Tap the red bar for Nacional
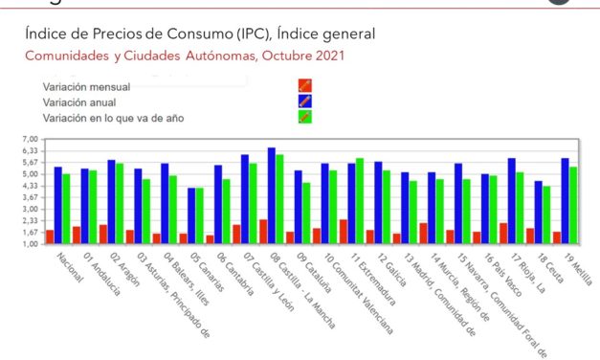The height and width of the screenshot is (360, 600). (x=50, y=236)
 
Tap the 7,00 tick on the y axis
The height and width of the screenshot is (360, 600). (x=29, y=140)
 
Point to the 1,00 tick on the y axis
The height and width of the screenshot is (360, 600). (x=29, y=244)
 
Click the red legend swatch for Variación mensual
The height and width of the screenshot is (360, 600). (x=305, y=84)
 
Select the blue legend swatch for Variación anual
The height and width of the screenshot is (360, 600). (x=305, y=101)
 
